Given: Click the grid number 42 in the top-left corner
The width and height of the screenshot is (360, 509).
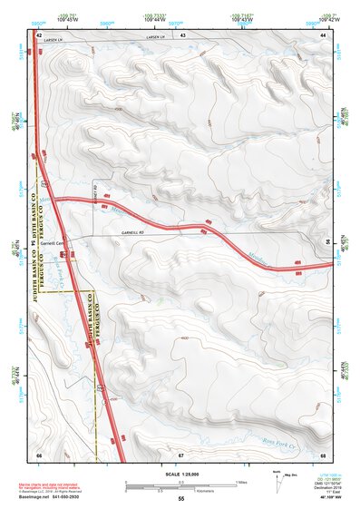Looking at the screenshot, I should (39, 34).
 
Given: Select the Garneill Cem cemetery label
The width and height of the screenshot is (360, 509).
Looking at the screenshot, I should (56, 243).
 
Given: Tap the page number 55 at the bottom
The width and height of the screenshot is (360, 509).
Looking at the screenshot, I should (180, 499).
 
